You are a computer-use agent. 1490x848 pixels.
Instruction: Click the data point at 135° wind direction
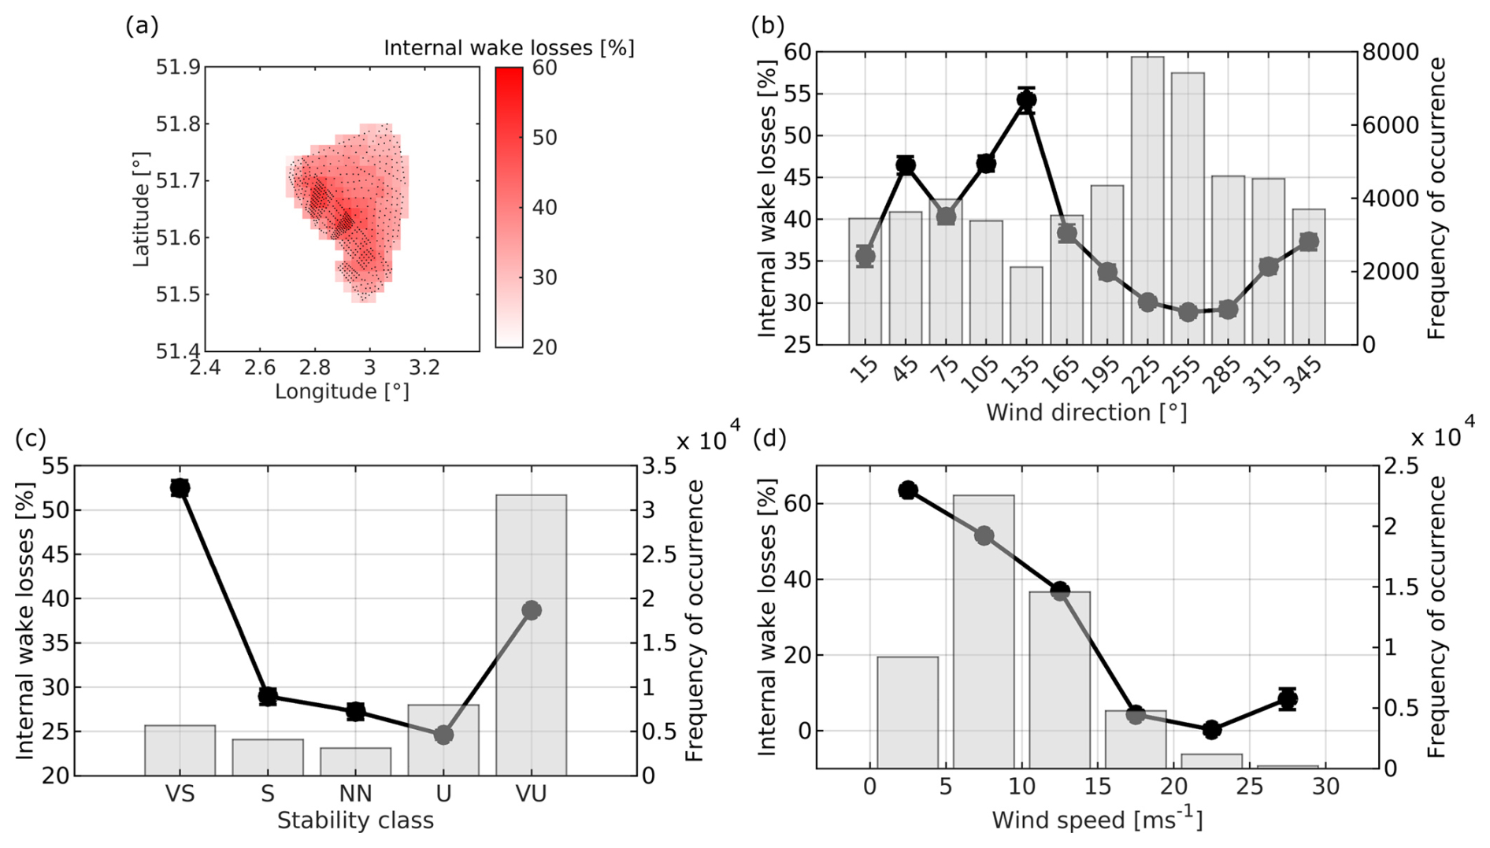pos(1026,100)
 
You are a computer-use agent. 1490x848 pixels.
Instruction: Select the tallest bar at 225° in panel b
pos(1147,200)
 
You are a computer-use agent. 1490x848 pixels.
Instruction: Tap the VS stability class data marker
pos(180,488)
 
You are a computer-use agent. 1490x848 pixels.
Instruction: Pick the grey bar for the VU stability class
pos(531,635)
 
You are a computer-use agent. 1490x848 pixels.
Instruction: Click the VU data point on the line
pos(531,610)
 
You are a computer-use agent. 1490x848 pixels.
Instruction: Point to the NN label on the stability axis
pos(355,794)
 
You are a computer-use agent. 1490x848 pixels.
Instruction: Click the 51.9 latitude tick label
pos(176,67)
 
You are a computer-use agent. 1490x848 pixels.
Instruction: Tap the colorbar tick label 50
pos(544,137)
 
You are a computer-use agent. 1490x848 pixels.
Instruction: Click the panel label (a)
pos(142,26)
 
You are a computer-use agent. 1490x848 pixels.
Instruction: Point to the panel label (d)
pos(769,438)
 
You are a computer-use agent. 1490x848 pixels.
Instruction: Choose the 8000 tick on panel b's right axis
pos(1390,52)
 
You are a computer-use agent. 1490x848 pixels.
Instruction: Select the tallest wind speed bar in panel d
pos(984,631)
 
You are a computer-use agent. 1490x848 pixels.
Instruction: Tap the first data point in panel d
pos(907,491)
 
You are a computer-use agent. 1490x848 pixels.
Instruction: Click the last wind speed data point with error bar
pos(1288,698)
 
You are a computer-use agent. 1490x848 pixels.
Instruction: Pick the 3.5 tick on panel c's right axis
pos(659,466)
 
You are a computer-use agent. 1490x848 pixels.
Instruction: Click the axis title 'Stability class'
pos(355,820)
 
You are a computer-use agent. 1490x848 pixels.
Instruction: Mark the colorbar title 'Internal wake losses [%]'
pos(509,48)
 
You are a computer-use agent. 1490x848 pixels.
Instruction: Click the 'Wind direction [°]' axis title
pos(1086,412)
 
